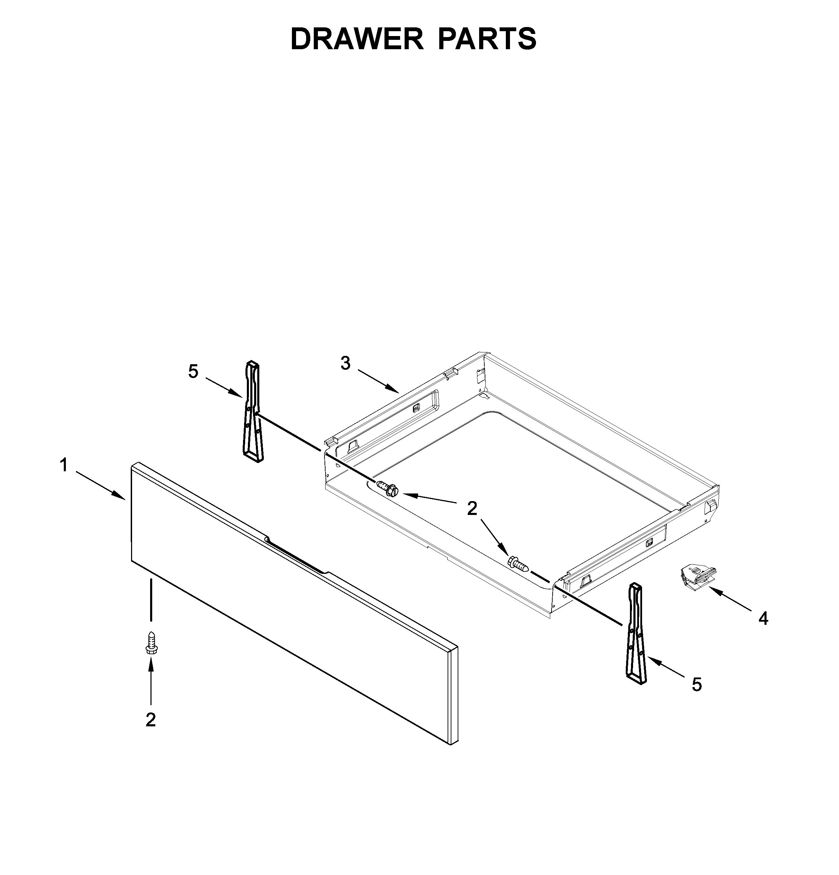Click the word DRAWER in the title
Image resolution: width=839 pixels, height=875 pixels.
tap(356, 39)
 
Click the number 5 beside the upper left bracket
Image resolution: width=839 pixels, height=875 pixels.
tap(193, 371)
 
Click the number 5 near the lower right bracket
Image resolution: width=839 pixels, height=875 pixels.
tap(697, 684)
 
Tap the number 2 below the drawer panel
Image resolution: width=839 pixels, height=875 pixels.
tap(150, 720)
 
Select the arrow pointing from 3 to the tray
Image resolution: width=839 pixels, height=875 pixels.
tap(378, 380)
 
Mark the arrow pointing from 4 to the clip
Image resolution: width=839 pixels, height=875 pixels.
tap(730, 600)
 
